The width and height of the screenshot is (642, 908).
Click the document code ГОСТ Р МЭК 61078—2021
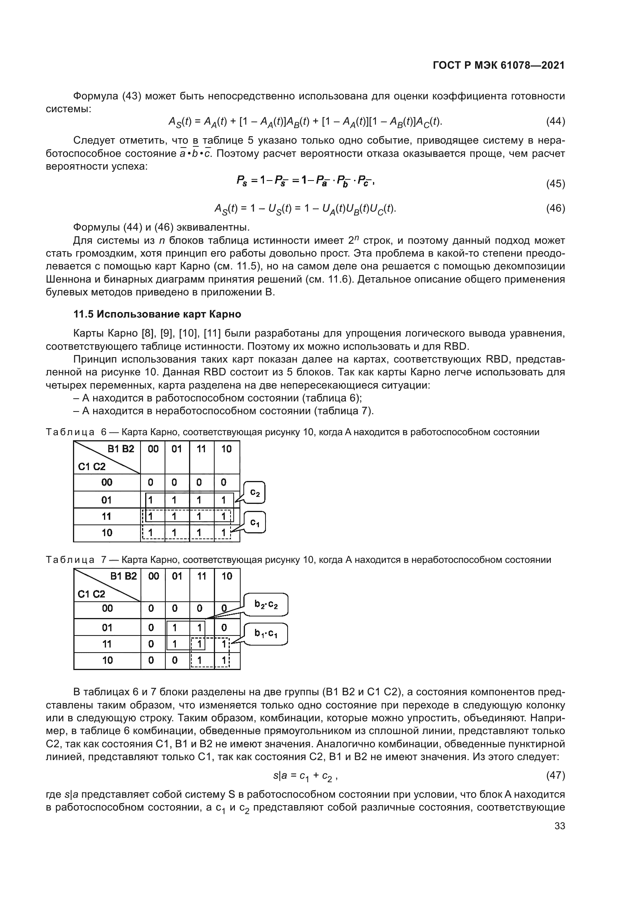pos(498,66)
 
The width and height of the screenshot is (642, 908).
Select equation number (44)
pos(555,122)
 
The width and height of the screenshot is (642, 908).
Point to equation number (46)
pos(555,208)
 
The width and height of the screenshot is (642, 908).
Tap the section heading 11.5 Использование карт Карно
pos(157,314)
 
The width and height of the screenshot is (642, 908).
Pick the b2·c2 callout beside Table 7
pos(266,605)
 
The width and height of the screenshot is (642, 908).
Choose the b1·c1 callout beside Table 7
pos(265,634)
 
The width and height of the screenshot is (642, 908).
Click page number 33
pos(560,826)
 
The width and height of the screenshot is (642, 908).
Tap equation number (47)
pos(555,776)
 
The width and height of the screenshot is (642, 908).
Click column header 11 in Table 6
pos(201,449)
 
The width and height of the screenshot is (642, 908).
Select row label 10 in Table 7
pos(107,660)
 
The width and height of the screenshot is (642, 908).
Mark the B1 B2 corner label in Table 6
pos(121,449)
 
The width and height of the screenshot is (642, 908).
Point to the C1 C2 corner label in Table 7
pos(91,594)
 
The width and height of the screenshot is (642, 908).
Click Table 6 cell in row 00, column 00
pos(150,483)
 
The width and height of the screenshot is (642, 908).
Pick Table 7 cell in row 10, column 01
pos(174,660)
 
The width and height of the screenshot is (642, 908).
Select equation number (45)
pos(555,184)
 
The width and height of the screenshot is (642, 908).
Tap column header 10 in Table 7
pos(227,576)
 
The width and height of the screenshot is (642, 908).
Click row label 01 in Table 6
pos(107,500)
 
